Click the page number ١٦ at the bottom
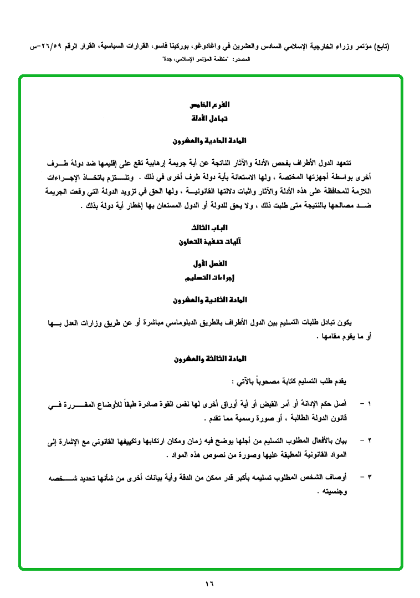click(210, 583)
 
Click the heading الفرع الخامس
click(210, 105)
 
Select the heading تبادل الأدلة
click(210, 119)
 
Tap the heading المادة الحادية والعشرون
click(210, 141)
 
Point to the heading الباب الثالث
click(210, 228)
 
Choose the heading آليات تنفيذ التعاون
click(210, 242)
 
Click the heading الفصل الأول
click(210, 263)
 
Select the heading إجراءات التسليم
click(210, 277)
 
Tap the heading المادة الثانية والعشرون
click(210, 300)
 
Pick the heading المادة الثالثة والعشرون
click(210, 359)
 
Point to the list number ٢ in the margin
click(370, 443)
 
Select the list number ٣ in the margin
click(370, 478)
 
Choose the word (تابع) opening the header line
click(381, 47)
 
